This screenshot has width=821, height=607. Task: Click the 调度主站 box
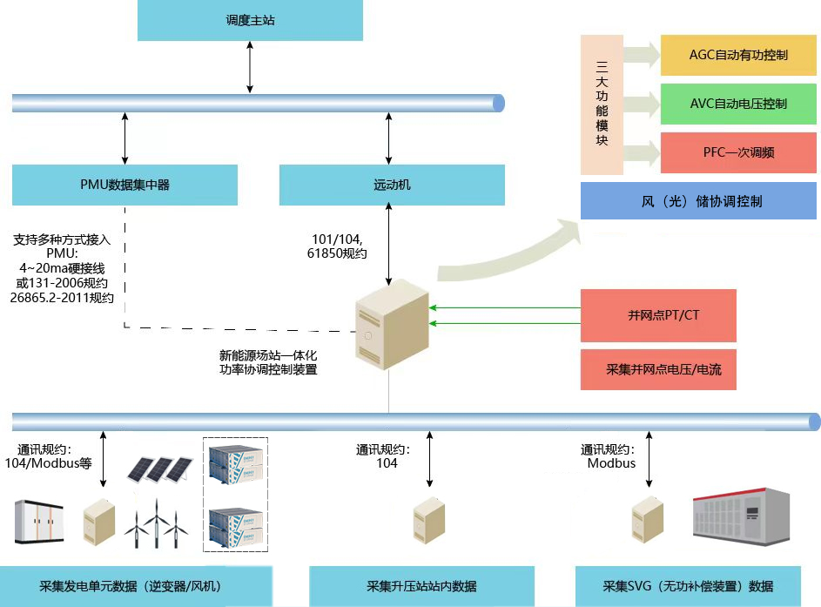tap(250, 20)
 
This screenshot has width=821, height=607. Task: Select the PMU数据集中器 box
tap(124, 185)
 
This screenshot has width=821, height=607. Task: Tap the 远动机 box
tap(392, 185)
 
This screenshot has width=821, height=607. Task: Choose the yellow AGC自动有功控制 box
tap(738, 55)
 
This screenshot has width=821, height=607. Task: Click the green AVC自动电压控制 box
tap(738, 104)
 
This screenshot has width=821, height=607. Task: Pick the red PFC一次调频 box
tap(738, 152)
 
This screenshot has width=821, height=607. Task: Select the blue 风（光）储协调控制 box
tap(698, 200)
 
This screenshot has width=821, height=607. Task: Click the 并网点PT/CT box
tap(658, 315)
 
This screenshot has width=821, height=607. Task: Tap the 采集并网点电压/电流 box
tap(658, 370)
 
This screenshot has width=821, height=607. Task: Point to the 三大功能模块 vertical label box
tap(602, 105)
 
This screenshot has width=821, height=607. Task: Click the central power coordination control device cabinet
tap(392, 325)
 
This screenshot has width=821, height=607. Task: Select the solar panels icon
tap(160, 469)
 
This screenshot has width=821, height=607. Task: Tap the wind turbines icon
tap(156, 523)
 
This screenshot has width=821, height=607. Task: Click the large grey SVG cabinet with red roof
tap(742, 516)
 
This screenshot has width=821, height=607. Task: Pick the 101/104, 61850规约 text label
tap(337, 246)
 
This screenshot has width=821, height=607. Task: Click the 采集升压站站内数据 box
tap(421, 586)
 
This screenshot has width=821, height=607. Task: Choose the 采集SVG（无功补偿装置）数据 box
tap(688, 586)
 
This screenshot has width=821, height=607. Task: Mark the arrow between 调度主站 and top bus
tap(250, 68)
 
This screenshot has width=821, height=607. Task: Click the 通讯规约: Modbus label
tap(609, 456)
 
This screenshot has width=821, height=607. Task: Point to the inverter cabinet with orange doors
tap(39, 522)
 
